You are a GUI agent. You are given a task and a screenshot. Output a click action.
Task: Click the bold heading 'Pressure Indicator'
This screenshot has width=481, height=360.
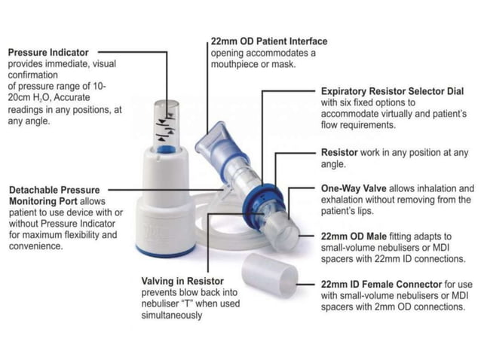point(47,53)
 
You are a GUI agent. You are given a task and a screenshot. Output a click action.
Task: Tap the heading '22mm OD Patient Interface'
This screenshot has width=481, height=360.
point(268,41)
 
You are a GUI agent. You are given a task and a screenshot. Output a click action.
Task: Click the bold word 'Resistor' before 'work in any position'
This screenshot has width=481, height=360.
point(339,152)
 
